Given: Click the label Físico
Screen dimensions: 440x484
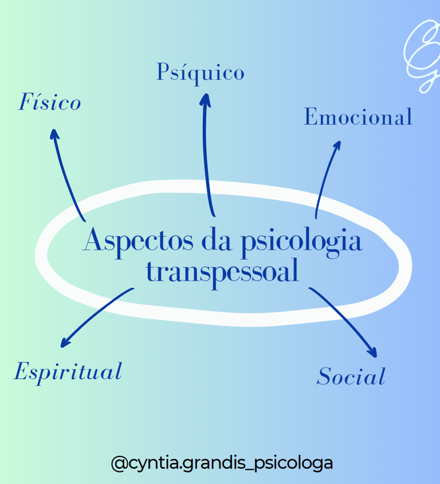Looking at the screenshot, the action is (49, 103).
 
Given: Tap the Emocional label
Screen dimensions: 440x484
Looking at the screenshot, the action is (358, 117).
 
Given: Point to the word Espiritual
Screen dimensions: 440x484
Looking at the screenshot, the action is (68, 372).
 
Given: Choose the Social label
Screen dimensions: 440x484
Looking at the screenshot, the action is (351, 377).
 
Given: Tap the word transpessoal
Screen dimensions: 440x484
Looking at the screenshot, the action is (223, 271).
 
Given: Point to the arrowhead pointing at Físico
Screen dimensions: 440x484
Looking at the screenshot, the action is (53, 134).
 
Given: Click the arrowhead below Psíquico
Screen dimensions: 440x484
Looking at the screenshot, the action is (205, 99).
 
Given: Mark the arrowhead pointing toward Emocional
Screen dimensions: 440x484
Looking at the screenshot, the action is (337, 145).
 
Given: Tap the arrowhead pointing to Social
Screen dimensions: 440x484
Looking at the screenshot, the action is (372, 353).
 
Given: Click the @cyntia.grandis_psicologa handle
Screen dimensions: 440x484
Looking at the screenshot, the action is (222, 462).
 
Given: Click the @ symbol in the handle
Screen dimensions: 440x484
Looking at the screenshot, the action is (119, 462).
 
